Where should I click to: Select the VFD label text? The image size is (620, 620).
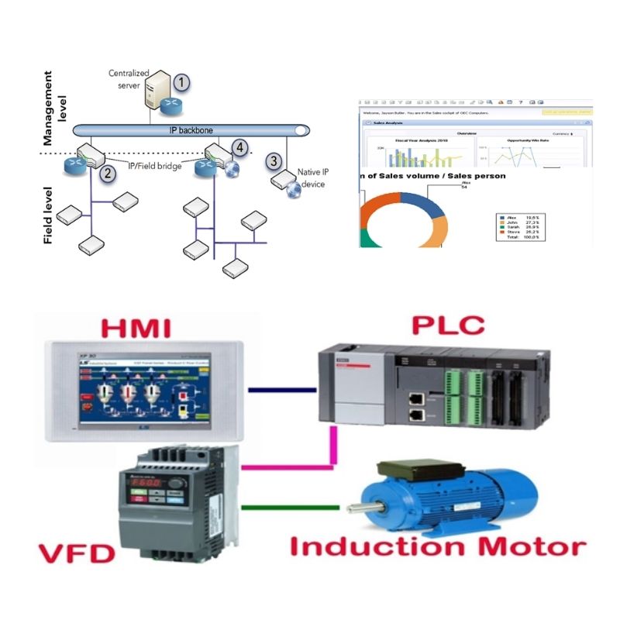76,554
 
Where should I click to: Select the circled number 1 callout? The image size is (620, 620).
180,81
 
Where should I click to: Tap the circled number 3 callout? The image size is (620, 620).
274,161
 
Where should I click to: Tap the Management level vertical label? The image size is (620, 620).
49,108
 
